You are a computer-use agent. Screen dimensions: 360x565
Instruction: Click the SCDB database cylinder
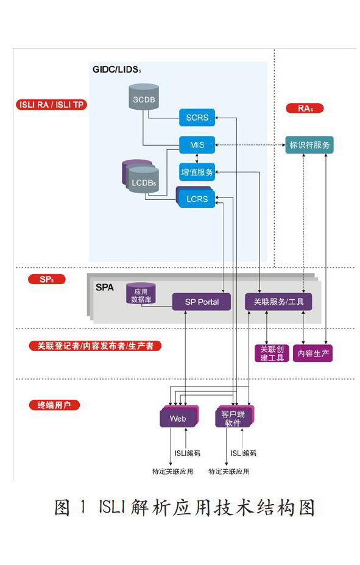pyautogui.click(x=144, y=96)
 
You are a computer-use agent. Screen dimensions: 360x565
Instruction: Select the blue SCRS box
pyautogui.click(x=197, y=118)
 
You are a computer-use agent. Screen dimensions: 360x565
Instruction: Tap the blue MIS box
pyautogui.click(x=197, y=145)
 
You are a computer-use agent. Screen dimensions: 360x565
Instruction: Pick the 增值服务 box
pyautogui.click(x=197, y=172)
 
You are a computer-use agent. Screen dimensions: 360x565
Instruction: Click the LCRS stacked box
pyautogui.click(x=196, y=197)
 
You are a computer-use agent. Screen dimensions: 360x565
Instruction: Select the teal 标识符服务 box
pyautogui.click(x=309, y=145)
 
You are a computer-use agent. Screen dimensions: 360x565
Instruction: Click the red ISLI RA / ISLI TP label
pyautogui.click(x=52, y=105)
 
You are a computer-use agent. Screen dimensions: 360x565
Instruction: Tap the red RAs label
pyautogui.click(x=305, y=108)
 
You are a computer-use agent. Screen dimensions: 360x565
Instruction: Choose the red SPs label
pyautogui.click(x=47, y=279)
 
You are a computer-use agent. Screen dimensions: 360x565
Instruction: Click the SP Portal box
pyautogui.click(x=202, y=302)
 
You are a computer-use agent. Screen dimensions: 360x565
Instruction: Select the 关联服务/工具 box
pyautogui.click(x=278, y=302)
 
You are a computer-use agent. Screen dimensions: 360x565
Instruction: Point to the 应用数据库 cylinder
pyautogui.click(x=141, y=294)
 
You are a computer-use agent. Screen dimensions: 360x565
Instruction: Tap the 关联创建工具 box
pyautogui.click(x=272, y=354)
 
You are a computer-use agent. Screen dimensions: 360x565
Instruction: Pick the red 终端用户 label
pyautogui.click(x=54, y=405)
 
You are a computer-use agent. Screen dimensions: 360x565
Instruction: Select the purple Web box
pyautogui.click(x=179, y=418)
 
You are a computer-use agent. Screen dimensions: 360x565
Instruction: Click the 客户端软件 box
pyautogui.click(x=235, y=418)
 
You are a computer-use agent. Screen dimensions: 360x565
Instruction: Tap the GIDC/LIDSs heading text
pyautogui.click(x=116, y=69)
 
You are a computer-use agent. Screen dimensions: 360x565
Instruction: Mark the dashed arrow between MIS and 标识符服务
pyautogui.click(x=250, y=145)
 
